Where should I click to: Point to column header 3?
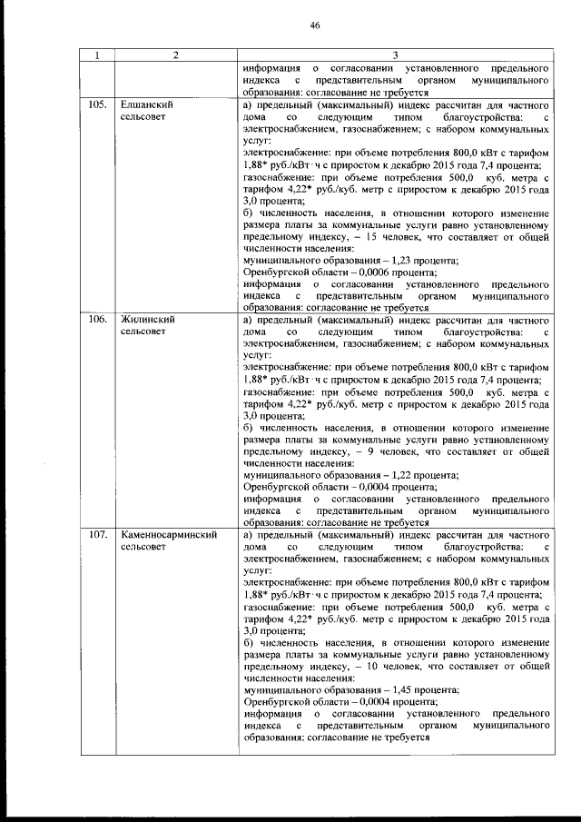(x=395, y=55)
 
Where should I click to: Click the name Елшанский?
(x=147, y=105)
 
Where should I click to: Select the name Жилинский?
(x=147, y=320)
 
